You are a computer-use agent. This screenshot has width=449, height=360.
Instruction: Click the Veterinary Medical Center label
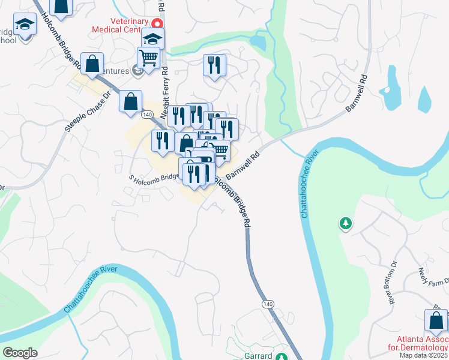[x=122, y=23]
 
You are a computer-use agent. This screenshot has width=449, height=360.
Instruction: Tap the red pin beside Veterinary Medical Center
[x=157, y=24]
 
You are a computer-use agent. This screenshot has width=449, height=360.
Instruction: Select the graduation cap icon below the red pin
[x=152, y=40]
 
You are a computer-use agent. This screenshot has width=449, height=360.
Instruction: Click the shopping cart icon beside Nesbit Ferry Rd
[x=148, y=58]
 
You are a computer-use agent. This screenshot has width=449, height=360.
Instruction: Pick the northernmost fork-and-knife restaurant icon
[x=214, y=65]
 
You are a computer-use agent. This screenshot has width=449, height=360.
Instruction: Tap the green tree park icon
[x=345, y=224]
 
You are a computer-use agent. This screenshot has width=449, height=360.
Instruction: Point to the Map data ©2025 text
[x=423, y=355]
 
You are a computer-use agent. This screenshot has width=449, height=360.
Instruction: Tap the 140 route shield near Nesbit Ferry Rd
[x=147, y=114]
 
